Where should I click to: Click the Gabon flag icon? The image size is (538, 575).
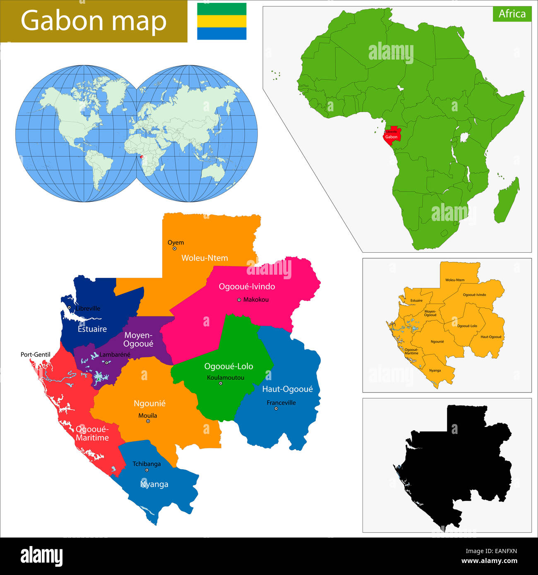point(221,22)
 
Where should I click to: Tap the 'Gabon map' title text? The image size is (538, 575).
point(94,21)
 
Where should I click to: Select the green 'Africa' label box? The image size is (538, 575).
point(512,14)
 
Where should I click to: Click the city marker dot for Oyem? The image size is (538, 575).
point(175,249)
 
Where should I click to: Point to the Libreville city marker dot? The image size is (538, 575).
point(69,307)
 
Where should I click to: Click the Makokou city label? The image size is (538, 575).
point(256,299)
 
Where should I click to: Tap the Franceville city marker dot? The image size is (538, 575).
point(276,409)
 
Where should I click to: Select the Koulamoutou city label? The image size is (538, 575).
point(226,377)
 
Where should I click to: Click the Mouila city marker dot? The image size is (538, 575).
point(148,422)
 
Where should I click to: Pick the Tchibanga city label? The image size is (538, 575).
point(147,464)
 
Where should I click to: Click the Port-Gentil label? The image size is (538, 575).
point(36,355)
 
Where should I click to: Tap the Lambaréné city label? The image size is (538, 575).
point(115,355)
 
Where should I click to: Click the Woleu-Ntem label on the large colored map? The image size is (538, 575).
point(204,258)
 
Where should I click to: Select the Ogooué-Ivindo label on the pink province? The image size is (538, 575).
point(247,286)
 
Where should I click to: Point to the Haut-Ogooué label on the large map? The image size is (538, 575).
point(287,389)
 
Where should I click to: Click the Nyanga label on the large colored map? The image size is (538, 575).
point(154,484)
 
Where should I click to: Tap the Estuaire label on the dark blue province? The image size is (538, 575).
point(92,329)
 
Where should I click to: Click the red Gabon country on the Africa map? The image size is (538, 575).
point(391,137)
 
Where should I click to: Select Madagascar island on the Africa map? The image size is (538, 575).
point(507,201)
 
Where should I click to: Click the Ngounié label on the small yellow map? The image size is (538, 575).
point(437,342)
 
